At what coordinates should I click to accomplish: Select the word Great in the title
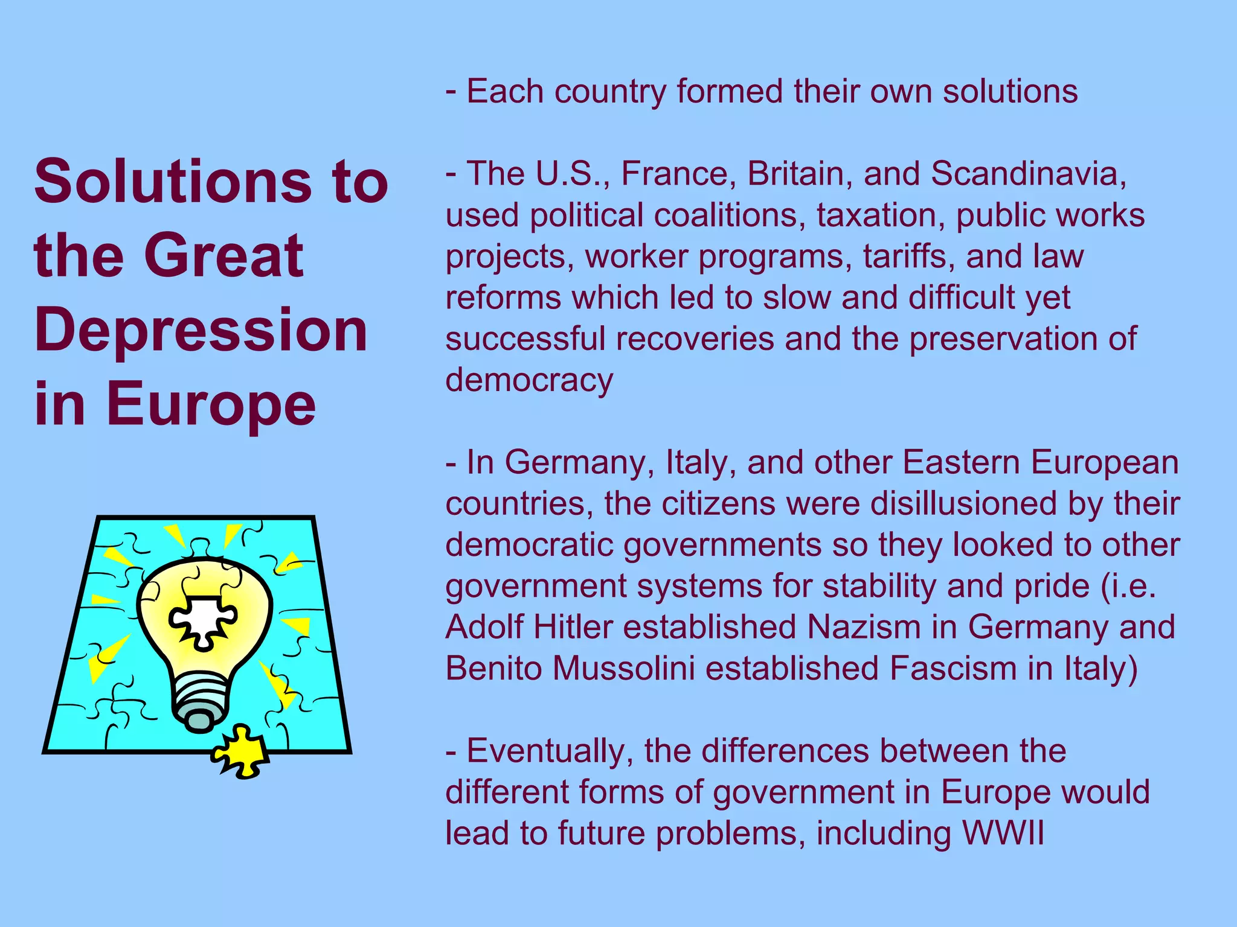point(223,256)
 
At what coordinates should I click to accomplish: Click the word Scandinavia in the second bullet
point(1028,174)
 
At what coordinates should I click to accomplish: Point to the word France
point(675,174)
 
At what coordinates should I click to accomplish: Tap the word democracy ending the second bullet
point(529,380)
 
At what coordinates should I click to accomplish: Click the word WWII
point(1003,833)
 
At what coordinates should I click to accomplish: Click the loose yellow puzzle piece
point(240,752)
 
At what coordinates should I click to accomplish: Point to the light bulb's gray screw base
point(202,703)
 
